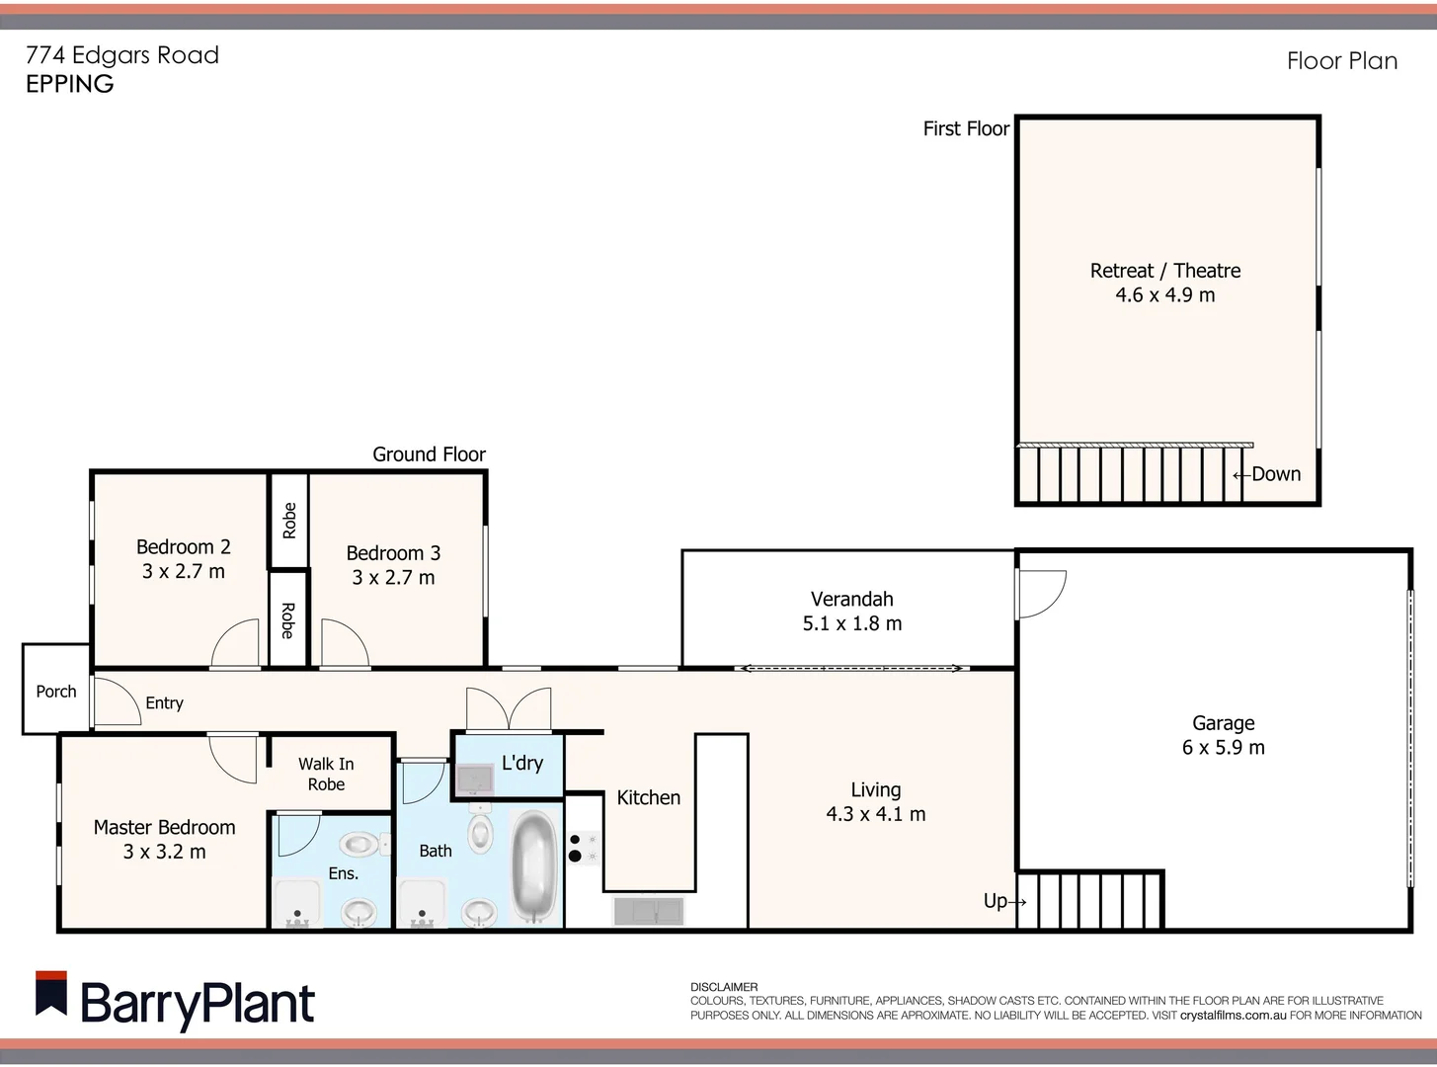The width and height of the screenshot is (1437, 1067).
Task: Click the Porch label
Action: (x=55, y=692)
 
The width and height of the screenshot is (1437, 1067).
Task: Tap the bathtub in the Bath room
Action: (x=535, y=867)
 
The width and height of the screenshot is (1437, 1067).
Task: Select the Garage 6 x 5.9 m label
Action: (x=1223, y=736)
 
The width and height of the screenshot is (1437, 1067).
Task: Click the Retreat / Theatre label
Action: (x=1164, y=271)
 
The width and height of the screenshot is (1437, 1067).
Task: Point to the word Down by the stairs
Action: (x=1276, y=474)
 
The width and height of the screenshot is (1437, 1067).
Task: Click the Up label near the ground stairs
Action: (x=996, y=901)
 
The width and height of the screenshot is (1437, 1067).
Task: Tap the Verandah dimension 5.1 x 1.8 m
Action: (x=851, y=623)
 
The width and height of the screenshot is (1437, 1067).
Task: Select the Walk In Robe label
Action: (x=326, y=775)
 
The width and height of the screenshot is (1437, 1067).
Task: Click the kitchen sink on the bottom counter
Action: (x=648, y=910)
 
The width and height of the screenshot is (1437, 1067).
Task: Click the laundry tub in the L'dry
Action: (x=475, y=780)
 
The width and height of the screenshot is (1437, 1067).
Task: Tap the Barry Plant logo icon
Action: (x=51, y=994)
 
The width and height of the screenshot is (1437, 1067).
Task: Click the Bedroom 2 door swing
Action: (x=235, y=644)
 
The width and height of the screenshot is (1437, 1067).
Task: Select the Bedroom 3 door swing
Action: (x=344, y=644)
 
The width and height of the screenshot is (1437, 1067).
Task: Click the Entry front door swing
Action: (x=115, y=701)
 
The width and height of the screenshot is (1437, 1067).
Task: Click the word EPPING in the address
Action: (x=69, y=84)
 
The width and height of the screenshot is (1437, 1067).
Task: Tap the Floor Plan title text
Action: (x=1341, y=61)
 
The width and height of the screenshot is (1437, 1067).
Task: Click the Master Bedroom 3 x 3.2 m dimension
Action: (x=164, y=852)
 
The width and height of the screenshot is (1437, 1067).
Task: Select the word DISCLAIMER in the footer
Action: (x=724, y=987)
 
